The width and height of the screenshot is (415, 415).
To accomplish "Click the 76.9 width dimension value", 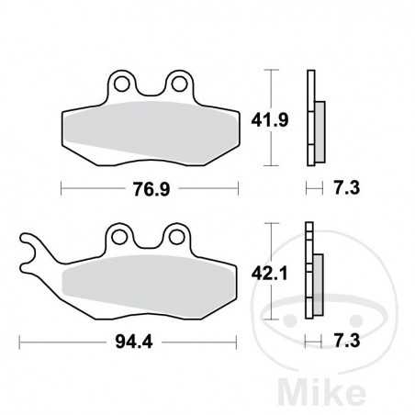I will pos(150,188).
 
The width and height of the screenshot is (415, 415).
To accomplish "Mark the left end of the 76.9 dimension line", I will pos(61,188).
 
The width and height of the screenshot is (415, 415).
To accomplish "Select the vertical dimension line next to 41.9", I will pos(267,117).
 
